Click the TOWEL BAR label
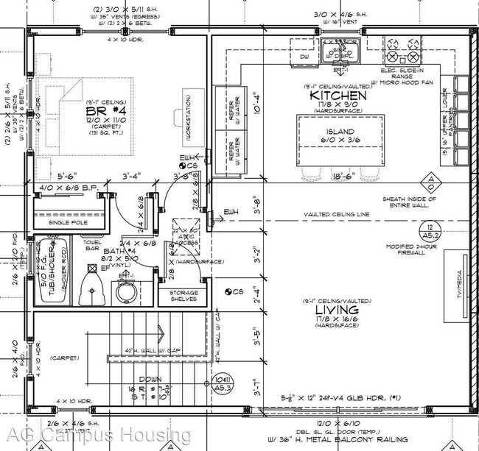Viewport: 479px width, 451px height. [x=93, y=244]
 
